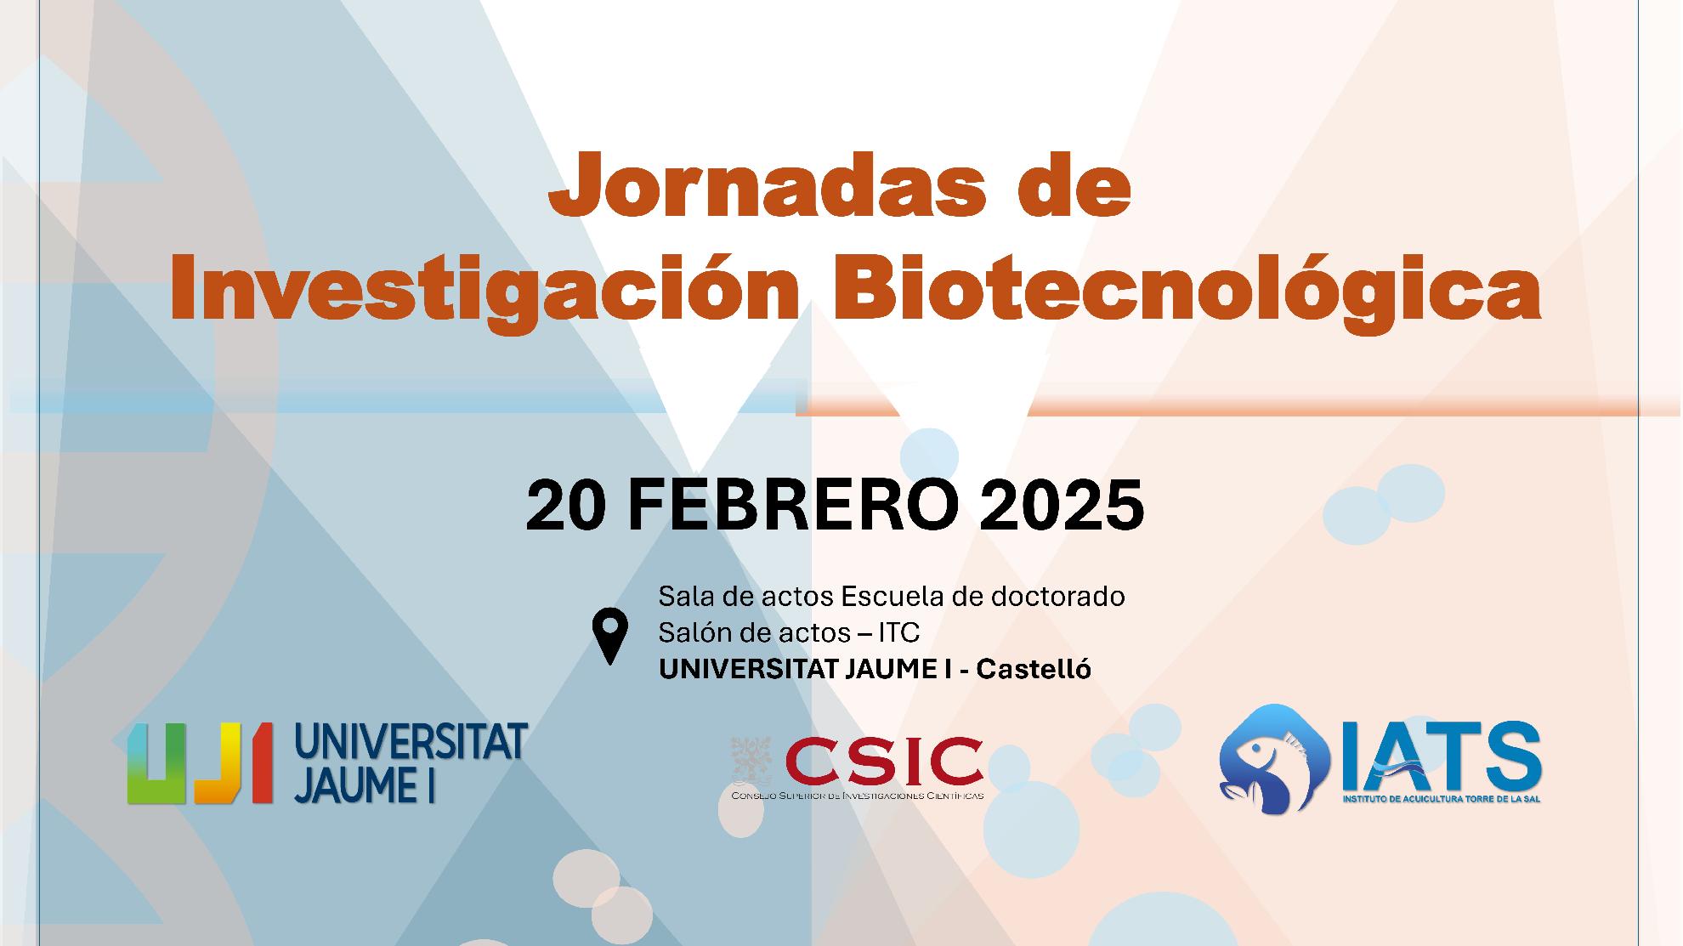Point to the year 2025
click(1062, 505)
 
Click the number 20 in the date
click(566, 505)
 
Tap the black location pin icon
click(609, 636)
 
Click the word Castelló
click(1033, 669)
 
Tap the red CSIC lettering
click(884, 762)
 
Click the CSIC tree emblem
click(751, 762)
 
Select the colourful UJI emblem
click(201, 762)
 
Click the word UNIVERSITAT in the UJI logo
click(411, 742)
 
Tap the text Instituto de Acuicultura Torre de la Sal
click(1442, 799)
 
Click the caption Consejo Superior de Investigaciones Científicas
click(858, 796)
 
